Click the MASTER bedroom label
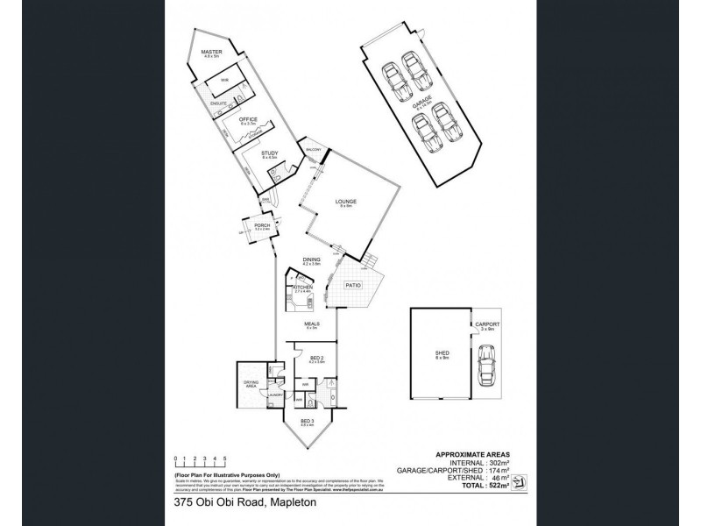coord(211,53)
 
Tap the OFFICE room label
coord(246,118)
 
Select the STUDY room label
coord(270,154)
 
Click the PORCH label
coord(261,226)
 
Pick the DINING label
coord(311,259)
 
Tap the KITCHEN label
coord(302,288)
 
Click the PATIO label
coord(351,285)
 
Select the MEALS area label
coord(311,324)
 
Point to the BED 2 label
coord(318,358)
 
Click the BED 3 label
coord(307,422)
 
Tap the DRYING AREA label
coord(250,384)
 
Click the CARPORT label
coord(487,324)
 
